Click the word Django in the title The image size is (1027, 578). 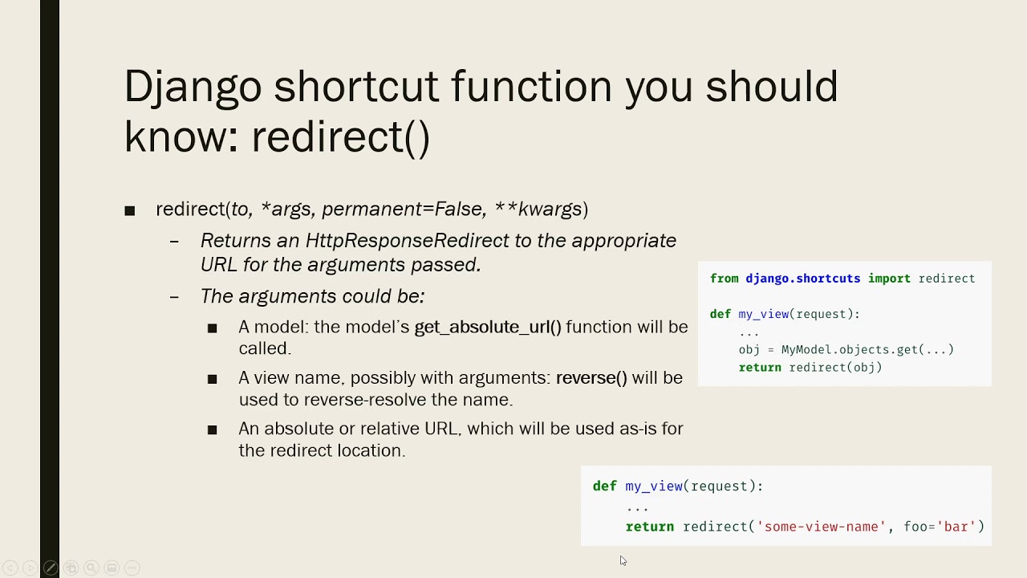click(x=193, y=87)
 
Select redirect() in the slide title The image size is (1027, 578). click(x=341, y=136)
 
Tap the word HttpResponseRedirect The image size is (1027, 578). click(x=407, y=241)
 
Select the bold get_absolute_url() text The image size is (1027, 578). click(x=488, y=328)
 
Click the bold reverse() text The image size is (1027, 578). click(x=591, y=378)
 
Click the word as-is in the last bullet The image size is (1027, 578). click(x=638, y=429)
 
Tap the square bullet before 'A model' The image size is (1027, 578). click(x=212, y=328)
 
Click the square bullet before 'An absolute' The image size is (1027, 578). click(x=212, y=430)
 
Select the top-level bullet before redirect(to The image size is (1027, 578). click(x=130, y=211)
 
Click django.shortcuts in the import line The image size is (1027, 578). click(x=802, y=279)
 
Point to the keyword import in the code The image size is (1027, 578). click(x=888, y=279)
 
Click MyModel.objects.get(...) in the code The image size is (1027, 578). click(x=867, y=350)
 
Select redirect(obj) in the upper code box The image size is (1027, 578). click(x=835, y=368)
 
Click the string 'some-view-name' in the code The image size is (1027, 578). click(x=821, y=527)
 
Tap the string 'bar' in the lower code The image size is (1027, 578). click(x=956, y=527)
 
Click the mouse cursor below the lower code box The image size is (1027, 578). click(x=623, y=560)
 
